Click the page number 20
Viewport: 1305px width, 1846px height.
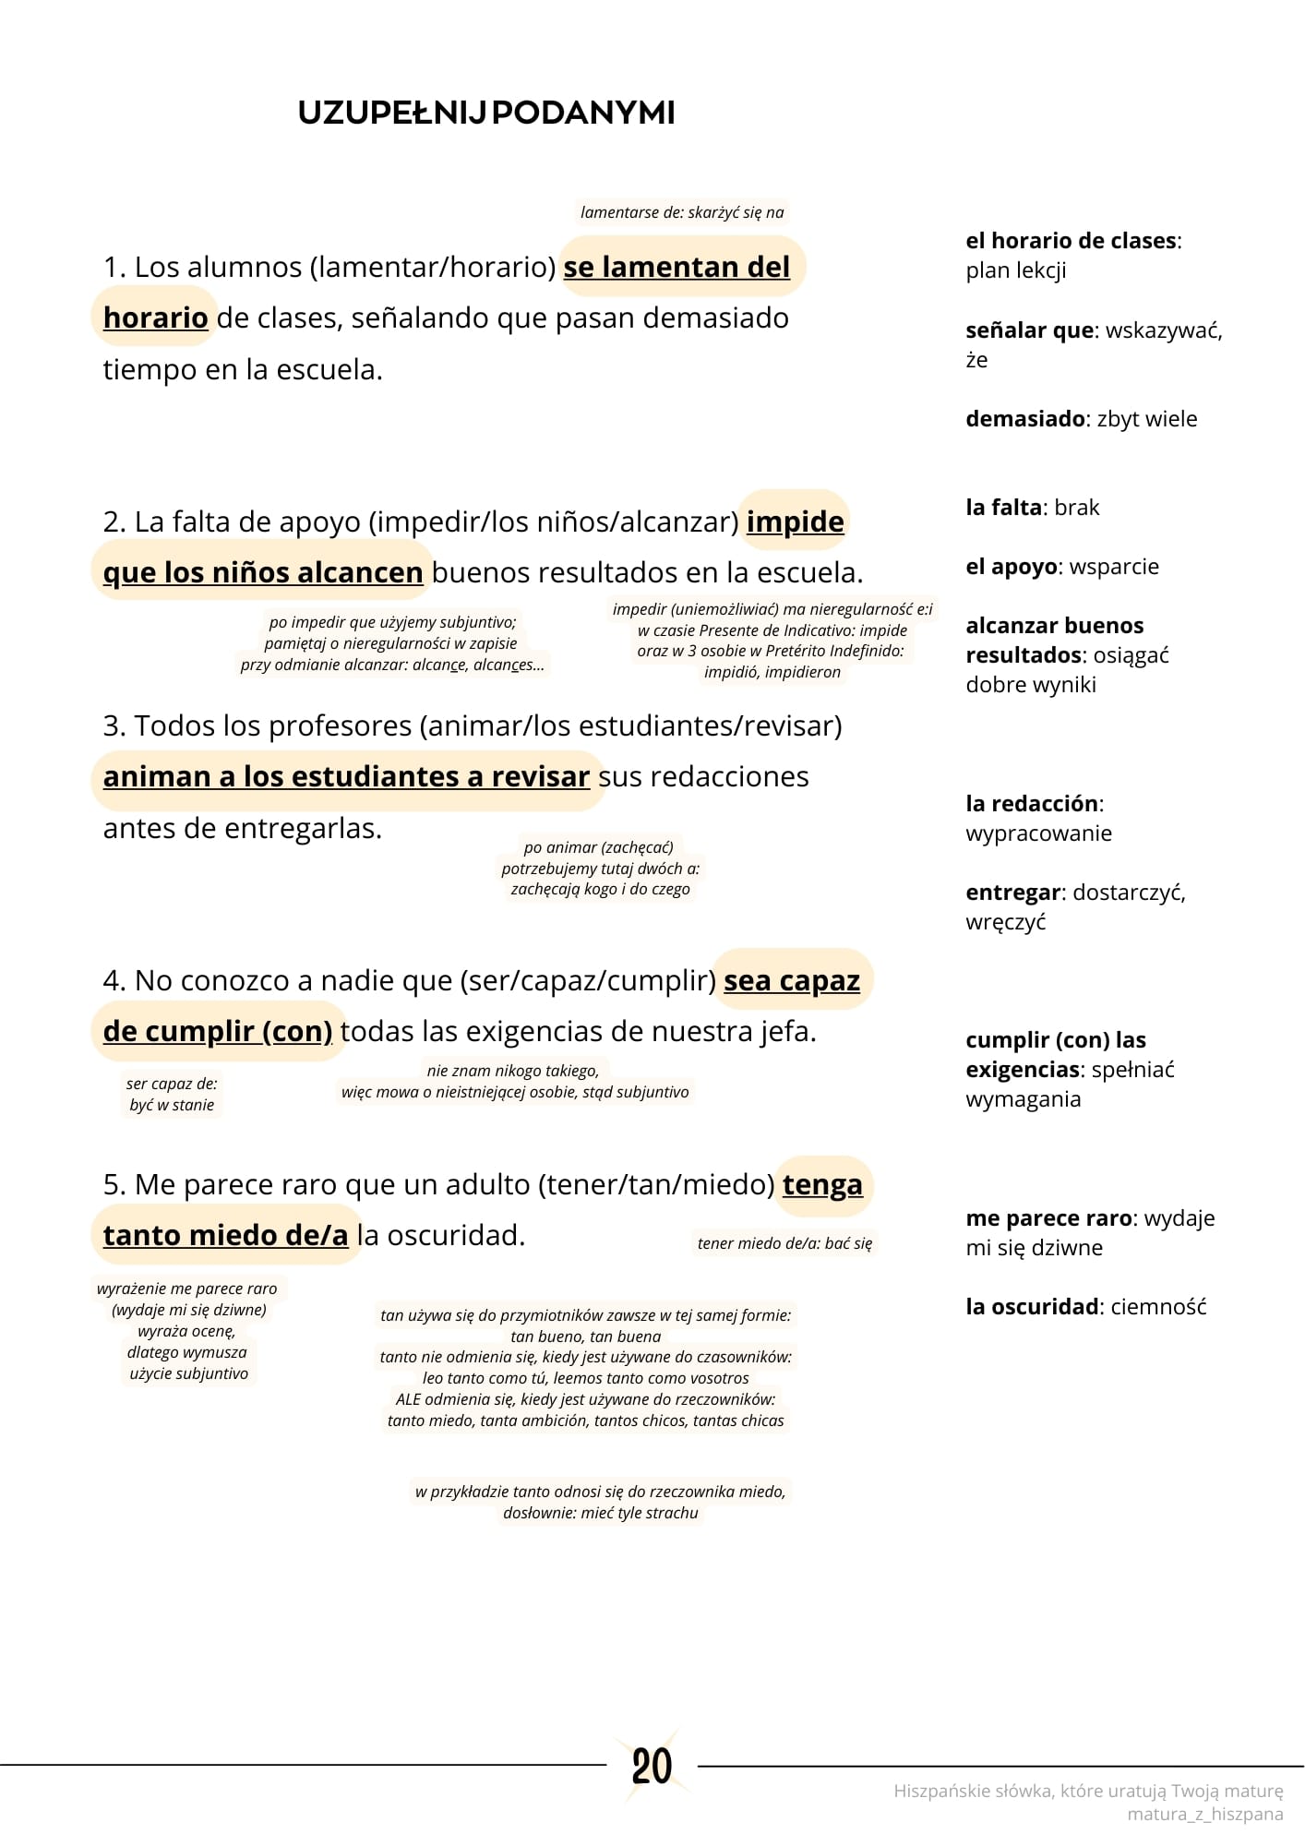pos(652,1767)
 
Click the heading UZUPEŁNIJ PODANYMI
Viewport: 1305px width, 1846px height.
pos(486,114)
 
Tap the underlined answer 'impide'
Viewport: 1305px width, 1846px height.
pos(795,521)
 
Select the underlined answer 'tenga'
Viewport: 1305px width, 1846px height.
pos(822,1184)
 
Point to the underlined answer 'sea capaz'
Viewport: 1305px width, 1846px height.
pos(791,980)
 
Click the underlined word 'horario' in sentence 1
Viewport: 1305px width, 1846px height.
pos(155,318)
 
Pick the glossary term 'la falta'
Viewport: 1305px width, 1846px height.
pos(1004,508)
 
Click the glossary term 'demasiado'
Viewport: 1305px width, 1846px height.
pos(1024,419)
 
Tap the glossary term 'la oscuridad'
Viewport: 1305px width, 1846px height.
pos(1032,1307)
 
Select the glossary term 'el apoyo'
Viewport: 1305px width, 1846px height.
pos(1011,567)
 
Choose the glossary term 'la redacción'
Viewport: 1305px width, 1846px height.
pos(1032,804)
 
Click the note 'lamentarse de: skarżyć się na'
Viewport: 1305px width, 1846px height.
pos(682,212)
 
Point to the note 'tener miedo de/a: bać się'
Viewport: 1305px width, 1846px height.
pos(784,1243)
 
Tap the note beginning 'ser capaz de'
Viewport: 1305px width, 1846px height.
pos(172,1095)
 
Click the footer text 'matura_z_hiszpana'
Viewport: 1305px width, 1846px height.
pos(1204,1814)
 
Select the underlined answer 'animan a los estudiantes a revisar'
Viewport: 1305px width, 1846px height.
pos(346,777)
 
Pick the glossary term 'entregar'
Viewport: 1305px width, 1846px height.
pos(1012,893)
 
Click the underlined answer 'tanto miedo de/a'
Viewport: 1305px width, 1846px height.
pos(225,1235)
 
